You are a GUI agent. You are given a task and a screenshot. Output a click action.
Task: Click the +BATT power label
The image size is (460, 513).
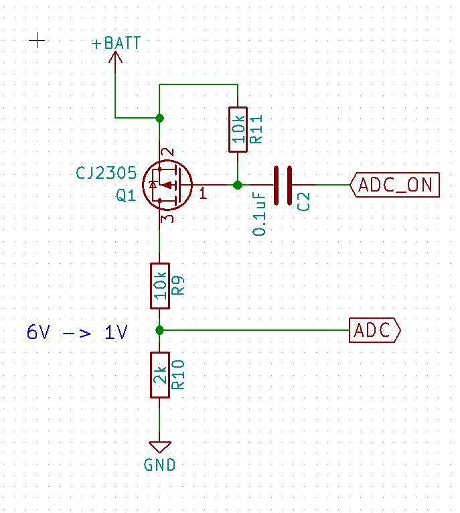[x=116, y=43]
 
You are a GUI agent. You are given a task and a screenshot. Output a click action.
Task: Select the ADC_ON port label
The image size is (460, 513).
[x=394, y=185]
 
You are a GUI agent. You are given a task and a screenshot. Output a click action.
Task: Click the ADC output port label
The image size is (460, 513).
[x=375, y=330]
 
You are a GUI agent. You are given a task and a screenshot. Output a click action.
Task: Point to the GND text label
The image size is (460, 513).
[x=159, y=465]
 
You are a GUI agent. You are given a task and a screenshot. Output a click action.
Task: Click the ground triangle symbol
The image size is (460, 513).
[x=159, y=447]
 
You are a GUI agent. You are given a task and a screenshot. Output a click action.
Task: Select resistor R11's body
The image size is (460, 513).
[x=238, y=129]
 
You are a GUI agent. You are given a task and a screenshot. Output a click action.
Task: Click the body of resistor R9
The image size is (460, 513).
[x=159, y=286]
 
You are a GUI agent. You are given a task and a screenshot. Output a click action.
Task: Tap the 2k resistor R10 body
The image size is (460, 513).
[x=159, y=375]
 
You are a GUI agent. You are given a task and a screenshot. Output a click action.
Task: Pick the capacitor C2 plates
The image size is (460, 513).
[x=283, y=186]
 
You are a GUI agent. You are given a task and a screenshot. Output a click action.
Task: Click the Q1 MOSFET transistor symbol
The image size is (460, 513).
[x=167, y=186]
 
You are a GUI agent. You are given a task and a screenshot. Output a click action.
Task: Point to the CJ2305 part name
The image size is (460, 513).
[x=106, y=173]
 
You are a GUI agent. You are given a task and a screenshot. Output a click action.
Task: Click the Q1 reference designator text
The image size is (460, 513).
[x=126, y=196]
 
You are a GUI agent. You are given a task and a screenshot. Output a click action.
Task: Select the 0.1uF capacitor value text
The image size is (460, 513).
[x=258, y=214]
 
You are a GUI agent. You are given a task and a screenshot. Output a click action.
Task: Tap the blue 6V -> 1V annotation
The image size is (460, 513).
[x=77, y=332]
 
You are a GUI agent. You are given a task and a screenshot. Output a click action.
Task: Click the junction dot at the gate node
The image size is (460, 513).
[x=238, y=186]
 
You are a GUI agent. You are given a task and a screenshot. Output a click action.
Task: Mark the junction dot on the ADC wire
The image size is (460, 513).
[x=159, y=330]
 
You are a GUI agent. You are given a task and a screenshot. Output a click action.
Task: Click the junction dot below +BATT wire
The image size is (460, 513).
[x=159, y=118]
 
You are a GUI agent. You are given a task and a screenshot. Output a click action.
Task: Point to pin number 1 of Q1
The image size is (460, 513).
[x=203, y=194]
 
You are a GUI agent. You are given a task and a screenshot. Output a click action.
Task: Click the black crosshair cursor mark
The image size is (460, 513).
[x=37, y=41]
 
